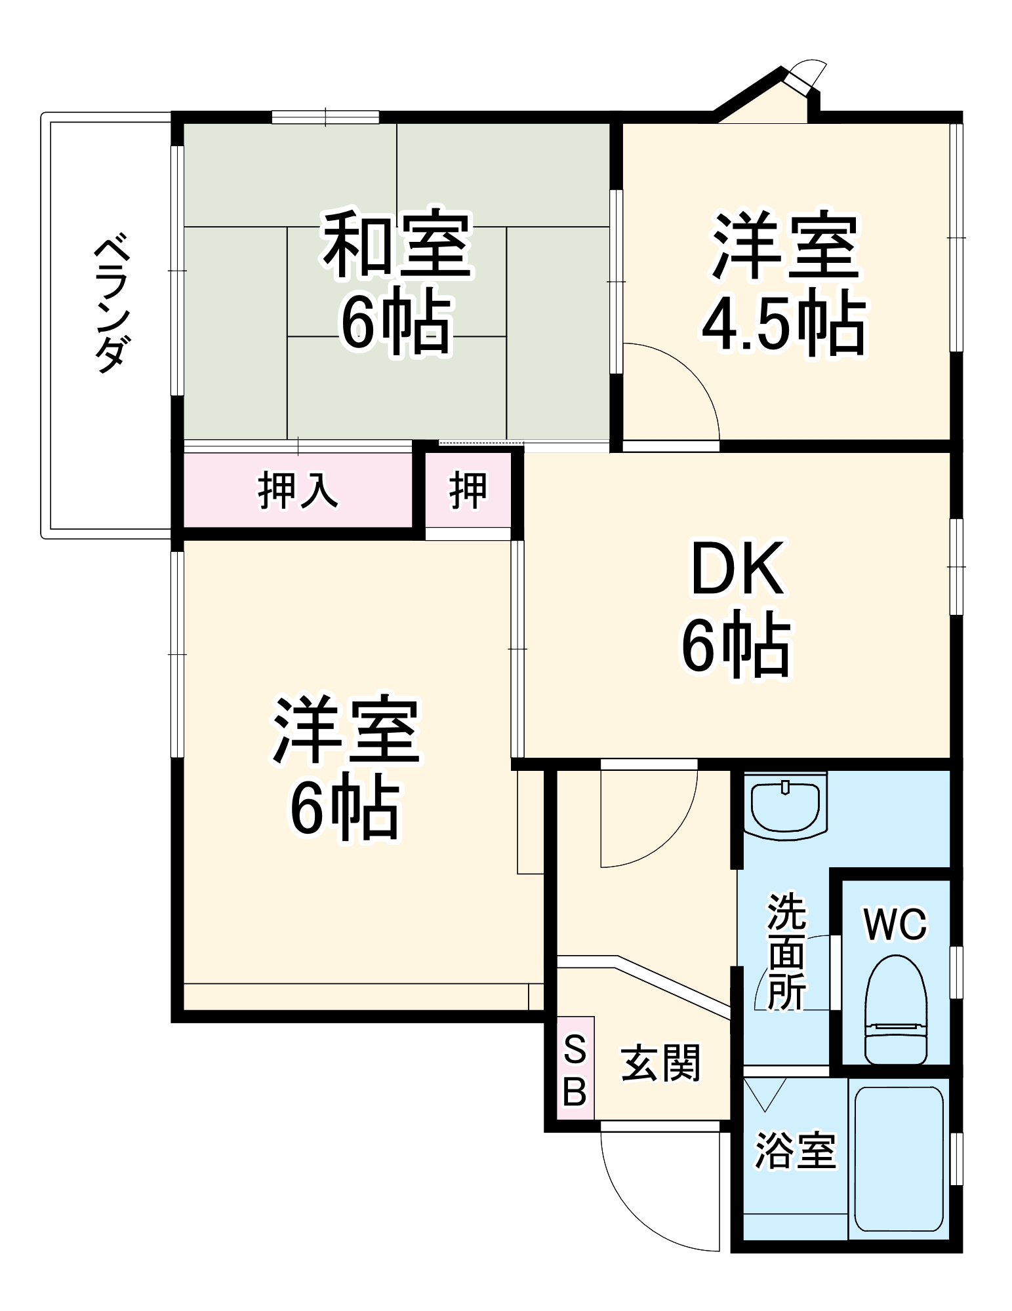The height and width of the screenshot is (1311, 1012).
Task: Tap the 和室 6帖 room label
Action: coord(397,282)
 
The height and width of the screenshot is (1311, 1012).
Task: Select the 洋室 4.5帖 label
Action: coord(784,284)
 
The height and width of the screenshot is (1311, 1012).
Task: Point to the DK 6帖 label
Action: coord(737,607)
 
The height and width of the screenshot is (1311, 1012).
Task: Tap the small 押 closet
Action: coord(468,490)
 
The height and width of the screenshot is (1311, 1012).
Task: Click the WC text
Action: coord(895,924)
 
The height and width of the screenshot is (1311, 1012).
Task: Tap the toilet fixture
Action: coord(895,1009)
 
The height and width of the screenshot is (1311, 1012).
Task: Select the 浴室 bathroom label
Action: coord(795,1150)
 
